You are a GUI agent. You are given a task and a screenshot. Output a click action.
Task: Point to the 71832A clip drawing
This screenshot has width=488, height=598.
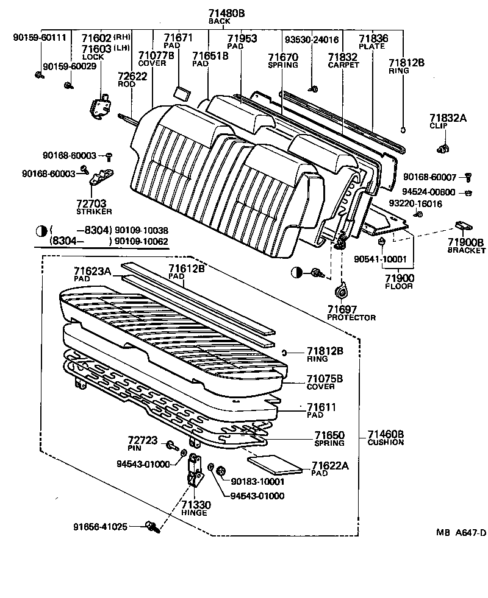pos(443,147)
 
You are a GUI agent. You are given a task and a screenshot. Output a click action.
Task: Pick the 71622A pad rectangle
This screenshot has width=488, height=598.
pos(276,463)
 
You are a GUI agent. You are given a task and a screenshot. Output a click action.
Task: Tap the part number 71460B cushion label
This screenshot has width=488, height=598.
pos(386,434)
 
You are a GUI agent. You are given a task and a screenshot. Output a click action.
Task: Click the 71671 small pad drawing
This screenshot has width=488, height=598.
pos(181,92)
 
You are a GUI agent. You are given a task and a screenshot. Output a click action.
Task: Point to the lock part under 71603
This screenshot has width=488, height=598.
pos(99,105)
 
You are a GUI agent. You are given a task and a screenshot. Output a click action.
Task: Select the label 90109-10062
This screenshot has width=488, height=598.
pos(142,241)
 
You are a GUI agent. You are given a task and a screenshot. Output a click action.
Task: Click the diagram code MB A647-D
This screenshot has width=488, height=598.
pos(461,532)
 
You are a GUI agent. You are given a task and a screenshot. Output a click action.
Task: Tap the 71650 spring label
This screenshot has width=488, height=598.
pos(329,435)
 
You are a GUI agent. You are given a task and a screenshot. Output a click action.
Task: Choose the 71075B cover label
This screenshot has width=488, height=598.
pos(325,379)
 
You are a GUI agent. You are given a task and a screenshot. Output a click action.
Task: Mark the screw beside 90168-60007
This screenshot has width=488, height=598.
pos(468,177)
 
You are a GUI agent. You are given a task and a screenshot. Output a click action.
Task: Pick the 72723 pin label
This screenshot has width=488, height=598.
pos(142,440)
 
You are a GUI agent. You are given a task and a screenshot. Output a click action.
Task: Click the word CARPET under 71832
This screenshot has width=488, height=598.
pos(343,65)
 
